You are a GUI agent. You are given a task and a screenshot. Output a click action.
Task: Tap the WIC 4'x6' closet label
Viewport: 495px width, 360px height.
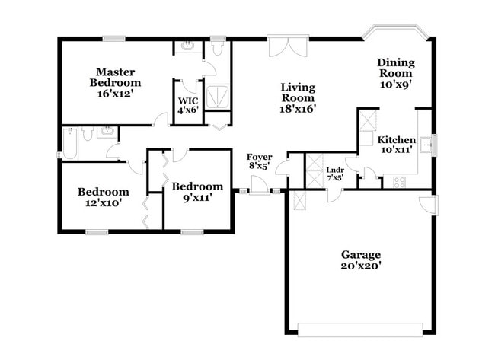pyautogui.click(x=187, y=105)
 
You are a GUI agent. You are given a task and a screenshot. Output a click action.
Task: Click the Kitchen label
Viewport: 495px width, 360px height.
pyautogui.click(x=398, y=140)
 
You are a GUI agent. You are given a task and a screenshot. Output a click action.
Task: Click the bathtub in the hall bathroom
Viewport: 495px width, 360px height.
pyautogui.click(x=70, y=143)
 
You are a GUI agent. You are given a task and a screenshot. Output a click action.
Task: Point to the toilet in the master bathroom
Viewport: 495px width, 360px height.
pyautogui.click(x=218, y=49)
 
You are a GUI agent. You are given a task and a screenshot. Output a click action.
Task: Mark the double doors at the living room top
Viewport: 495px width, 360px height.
pyautogui.click(x=288, y=45)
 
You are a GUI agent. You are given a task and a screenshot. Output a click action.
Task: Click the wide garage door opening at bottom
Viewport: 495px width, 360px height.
pyautogui.click(x=359, y=329)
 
